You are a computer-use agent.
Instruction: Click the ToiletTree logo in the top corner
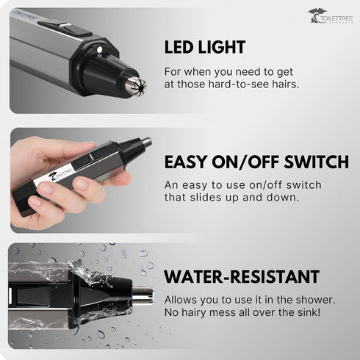(331, 16)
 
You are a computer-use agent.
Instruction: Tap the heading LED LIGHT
(205, 47)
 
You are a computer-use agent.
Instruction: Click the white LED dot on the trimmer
(99, 50)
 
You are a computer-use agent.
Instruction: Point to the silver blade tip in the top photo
(135, 84)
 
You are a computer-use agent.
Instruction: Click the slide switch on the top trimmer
(65, 29)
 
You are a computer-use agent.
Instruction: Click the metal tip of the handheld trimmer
(147, 141)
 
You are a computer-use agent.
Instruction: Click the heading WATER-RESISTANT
(242, 277)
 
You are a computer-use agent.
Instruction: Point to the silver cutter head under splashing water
(143, 295)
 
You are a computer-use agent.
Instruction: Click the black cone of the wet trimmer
(105, 295)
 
